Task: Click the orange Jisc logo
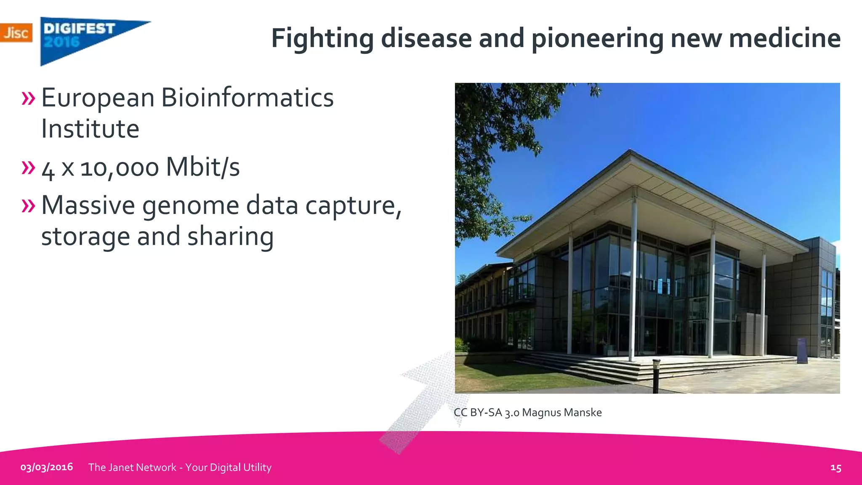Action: coord(16,33)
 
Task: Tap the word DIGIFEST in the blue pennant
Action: coord(79,29)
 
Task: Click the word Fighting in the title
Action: coord(322,39)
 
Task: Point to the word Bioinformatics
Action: coord(247,98)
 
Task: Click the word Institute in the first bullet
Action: coord(90,129)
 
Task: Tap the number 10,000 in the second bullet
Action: coord(120,168)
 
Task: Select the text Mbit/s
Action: coord(202,167)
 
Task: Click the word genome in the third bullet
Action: coord(191,206)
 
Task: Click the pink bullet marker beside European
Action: coord(28,98)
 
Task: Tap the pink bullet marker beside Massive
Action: coord(28,206)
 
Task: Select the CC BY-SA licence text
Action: coord(486,413)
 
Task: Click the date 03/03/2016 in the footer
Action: coord(47,467)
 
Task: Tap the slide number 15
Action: coord(835,468)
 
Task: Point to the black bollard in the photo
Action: coord(656,374)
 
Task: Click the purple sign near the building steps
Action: coord(802,350)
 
